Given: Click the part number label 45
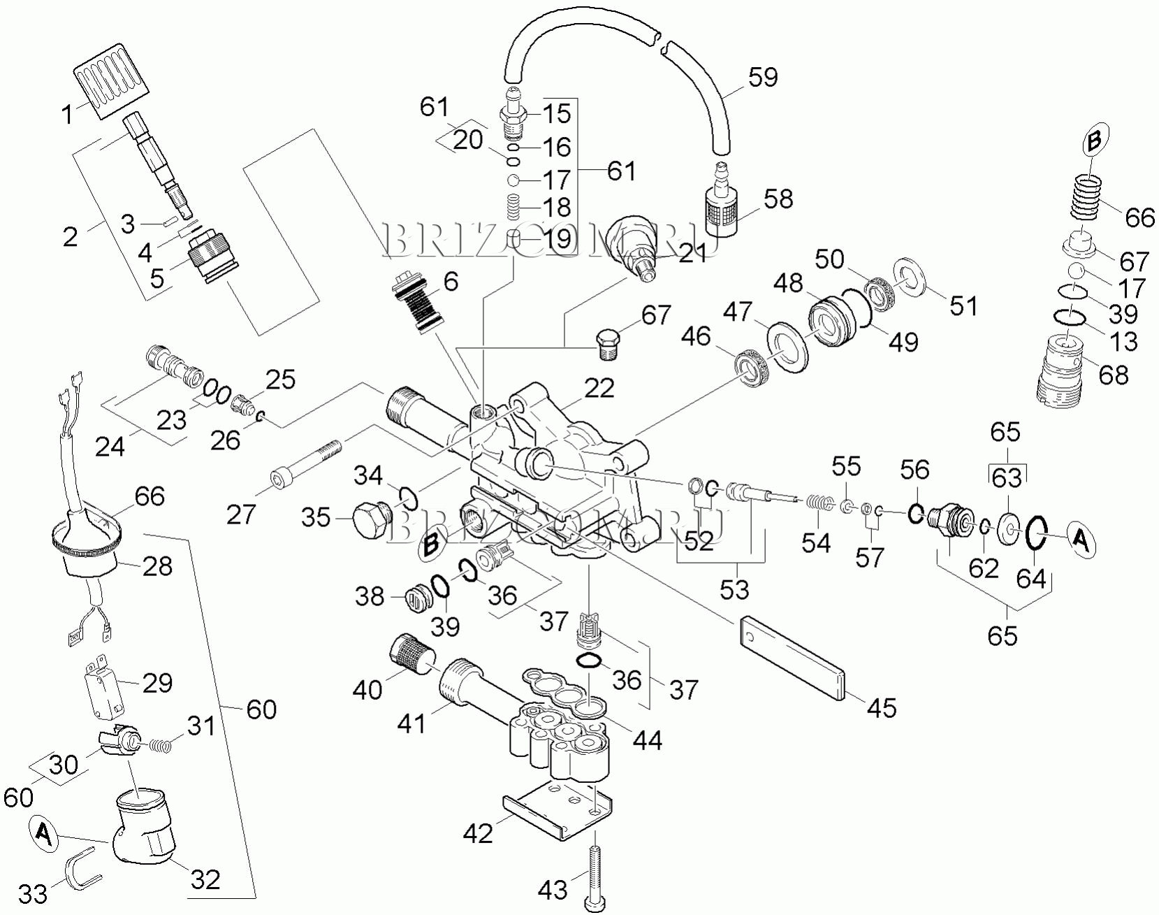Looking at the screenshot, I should coord(881,707).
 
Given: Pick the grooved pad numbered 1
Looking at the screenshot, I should coord(112,78).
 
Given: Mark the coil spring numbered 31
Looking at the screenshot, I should coord(161,745).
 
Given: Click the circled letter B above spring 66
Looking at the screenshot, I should coord(1094,141).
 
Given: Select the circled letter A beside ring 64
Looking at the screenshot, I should coord(1080,541).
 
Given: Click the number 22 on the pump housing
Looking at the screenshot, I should coord(599,388).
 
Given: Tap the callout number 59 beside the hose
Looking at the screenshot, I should coord(763,76).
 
